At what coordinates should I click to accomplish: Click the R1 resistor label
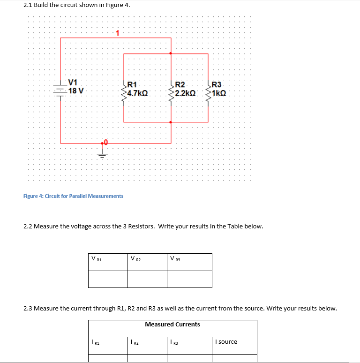[132, 85]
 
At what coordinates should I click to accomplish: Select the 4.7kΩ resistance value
[138, 93]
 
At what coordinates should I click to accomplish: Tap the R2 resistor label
[180, 85]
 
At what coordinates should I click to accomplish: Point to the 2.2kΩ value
[186, 93]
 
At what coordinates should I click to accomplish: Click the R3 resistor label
[217, 85]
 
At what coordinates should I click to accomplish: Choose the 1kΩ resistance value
[219, 93]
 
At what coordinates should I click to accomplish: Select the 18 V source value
[76, 91]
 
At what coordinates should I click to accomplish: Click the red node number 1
[118, 33]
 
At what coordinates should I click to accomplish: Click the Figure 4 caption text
[73, 196]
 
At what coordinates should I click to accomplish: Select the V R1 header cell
[108, 262]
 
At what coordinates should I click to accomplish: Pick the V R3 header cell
[189, 262]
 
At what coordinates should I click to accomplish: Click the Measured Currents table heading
[172, 325]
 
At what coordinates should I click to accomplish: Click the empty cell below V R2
[147, 279]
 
